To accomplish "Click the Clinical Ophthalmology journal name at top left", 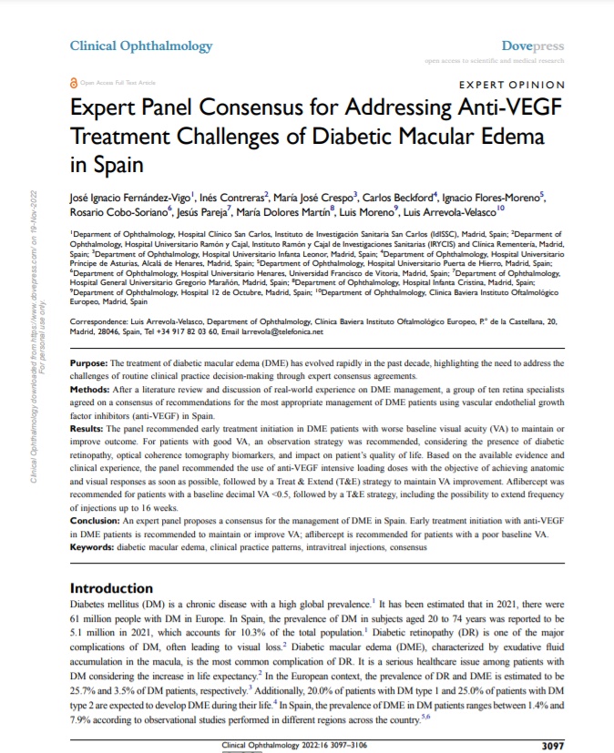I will click(141, 46).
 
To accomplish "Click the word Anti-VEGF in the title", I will click(502, 109).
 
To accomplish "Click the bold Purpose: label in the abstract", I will click(88, 389).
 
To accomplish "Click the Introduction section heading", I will click(118, 588).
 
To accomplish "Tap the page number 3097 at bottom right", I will click(555, 745).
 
